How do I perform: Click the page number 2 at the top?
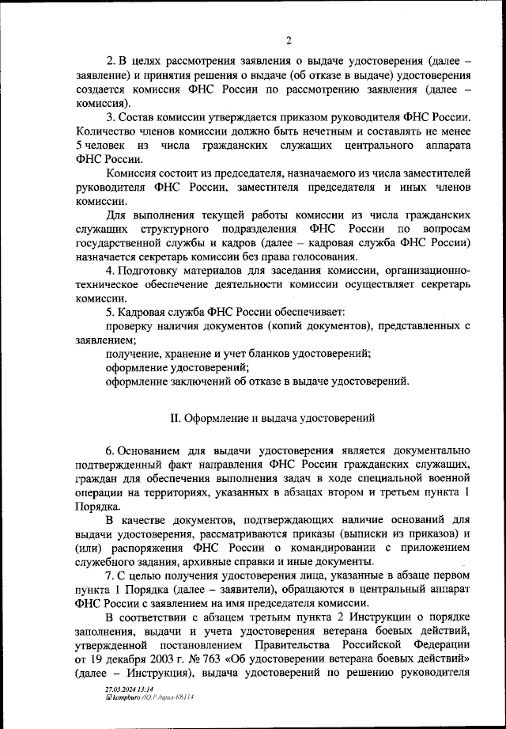(289, 41)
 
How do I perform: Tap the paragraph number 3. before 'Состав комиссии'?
(110, 118)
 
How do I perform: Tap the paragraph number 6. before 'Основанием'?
(110, 449)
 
